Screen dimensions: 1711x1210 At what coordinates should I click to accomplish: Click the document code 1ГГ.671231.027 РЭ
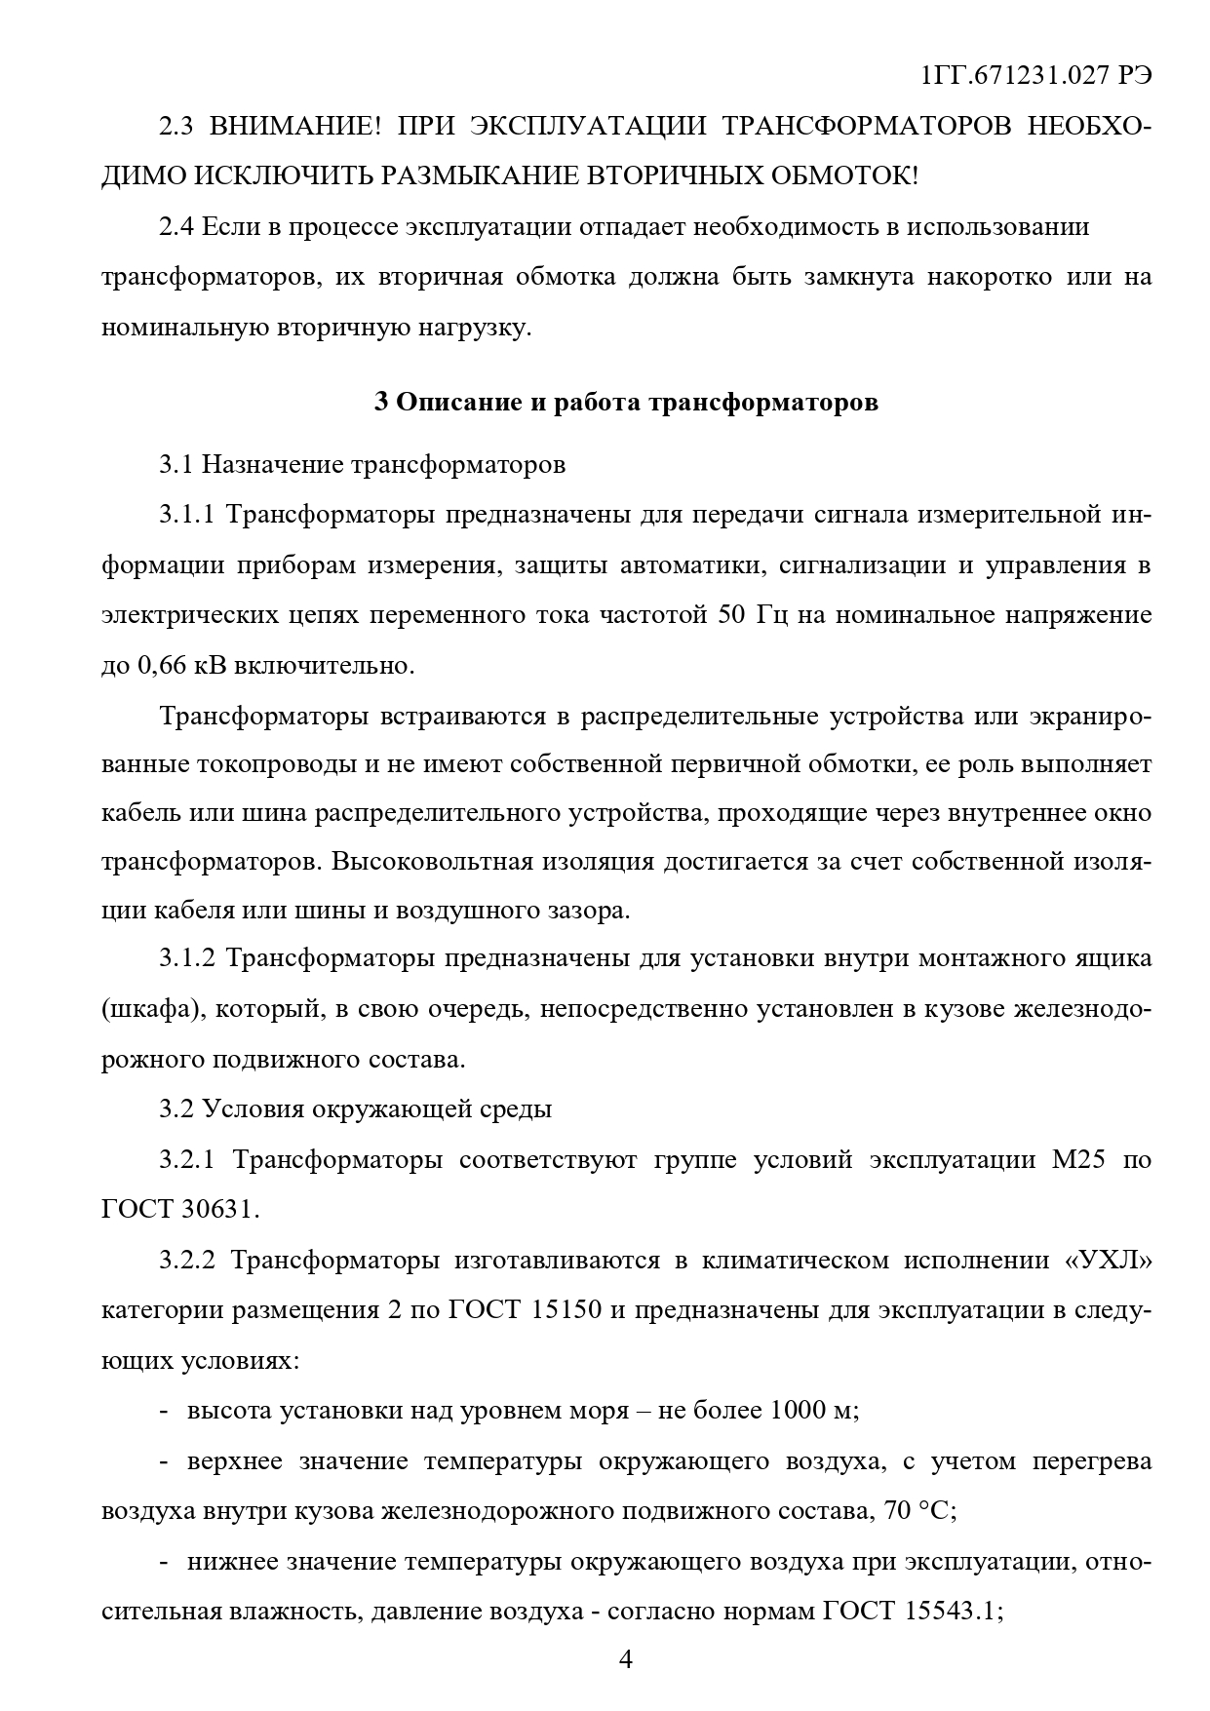click(1036, 77)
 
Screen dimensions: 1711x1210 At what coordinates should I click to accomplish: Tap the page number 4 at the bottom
click(626, 1658)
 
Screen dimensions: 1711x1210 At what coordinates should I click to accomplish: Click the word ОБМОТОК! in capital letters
click(844, 176)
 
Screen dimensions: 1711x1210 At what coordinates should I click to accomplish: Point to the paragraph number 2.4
click(178, 227)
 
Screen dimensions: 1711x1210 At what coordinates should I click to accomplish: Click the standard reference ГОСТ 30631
click(180, 1210)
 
